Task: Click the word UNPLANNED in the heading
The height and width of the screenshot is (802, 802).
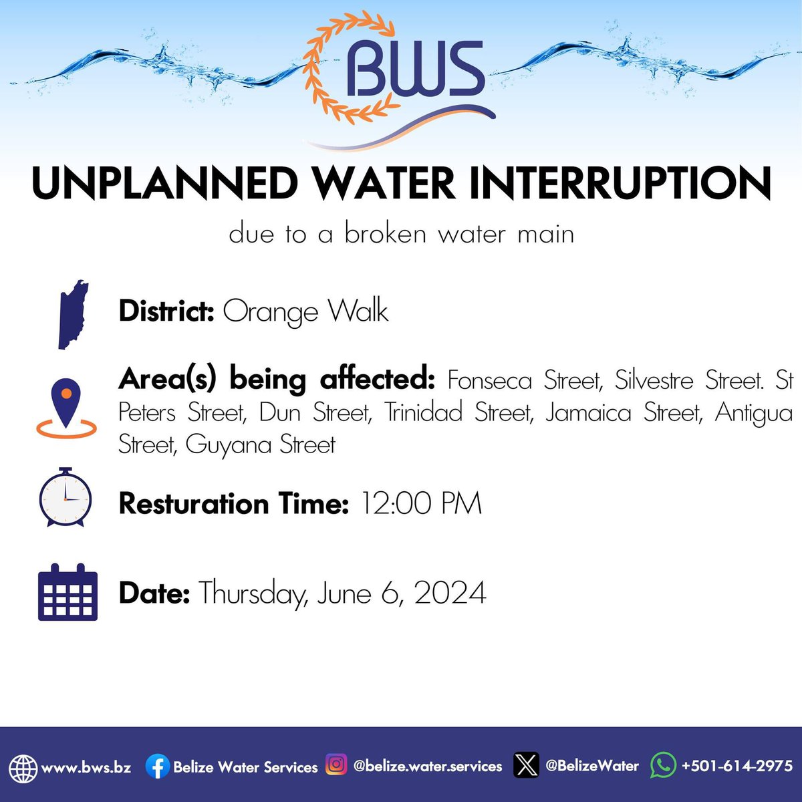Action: (x=164, y=184)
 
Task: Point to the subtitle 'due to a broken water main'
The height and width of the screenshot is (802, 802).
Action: (x=401, y=234)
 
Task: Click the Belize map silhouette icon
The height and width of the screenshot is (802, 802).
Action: (x=72, y=314)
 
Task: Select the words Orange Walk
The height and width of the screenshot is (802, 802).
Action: (x=305, y=312)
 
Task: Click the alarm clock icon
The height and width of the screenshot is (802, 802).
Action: (x=65, y=498)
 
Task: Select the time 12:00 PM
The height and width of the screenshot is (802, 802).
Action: (x=421, y=503)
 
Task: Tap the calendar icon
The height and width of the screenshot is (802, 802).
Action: (x=68, y=593)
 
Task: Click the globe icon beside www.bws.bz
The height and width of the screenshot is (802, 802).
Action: (x=23, y=767)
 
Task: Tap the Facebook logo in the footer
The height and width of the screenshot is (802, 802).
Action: (x=157, y=767)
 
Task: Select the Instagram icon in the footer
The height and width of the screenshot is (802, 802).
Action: (x=336, y=764)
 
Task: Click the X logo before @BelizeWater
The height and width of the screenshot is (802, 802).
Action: (x=526, y=765)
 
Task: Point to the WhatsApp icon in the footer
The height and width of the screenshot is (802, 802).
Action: (x=662, y=765)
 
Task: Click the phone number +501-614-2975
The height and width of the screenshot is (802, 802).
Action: (x=737, y=765)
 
